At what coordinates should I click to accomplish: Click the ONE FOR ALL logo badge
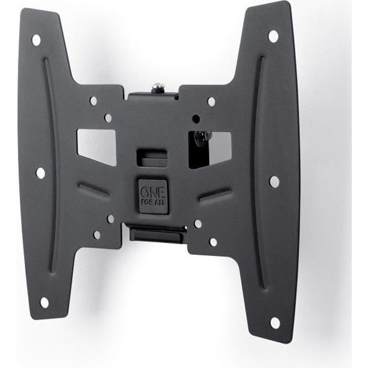(153, 196)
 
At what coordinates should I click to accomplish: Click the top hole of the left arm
(36, 40)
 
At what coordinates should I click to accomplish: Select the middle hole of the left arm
(40, 173)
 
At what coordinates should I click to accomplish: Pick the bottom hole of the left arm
(45, 302)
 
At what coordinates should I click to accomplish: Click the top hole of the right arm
(273, 37)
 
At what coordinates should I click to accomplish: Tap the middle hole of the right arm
(274, 181)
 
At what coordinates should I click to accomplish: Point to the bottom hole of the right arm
(275, 323)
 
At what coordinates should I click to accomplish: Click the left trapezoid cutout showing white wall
(97, 146)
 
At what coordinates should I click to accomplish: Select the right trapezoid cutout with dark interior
(210, 149)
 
